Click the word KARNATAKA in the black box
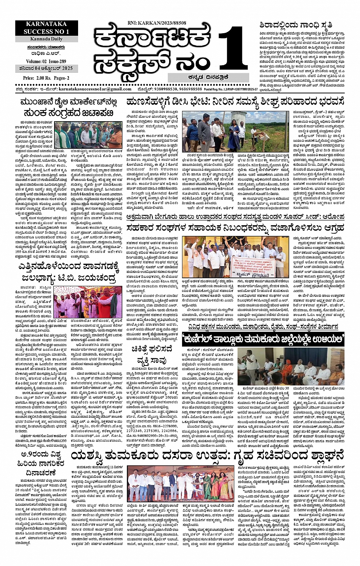click(x=46, y=25)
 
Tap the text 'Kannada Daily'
click(x=47, y=39)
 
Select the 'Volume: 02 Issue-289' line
click(x=46, y=61)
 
